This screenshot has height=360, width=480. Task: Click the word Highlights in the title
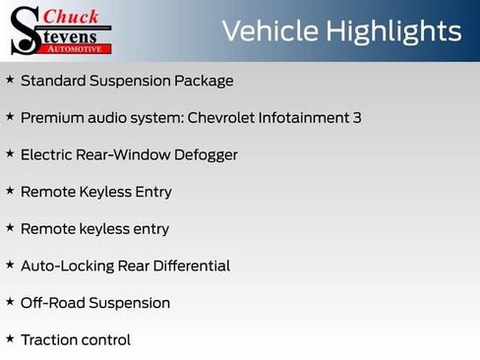click(x=393, y=31)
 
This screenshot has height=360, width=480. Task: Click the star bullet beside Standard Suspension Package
click(x=10, y=79)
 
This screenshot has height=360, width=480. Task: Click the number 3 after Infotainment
click(x=356, y=118)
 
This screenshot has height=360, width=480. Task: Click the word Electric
click(x=49, y=154)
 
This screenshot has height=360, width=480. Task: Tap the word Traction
click(x=49, y=340)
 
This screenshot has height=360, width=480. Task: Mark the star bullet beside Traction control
click(x=10, y=338)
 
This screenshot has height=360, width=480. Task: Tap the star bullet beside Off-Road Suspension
click(x=10, y=301)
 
